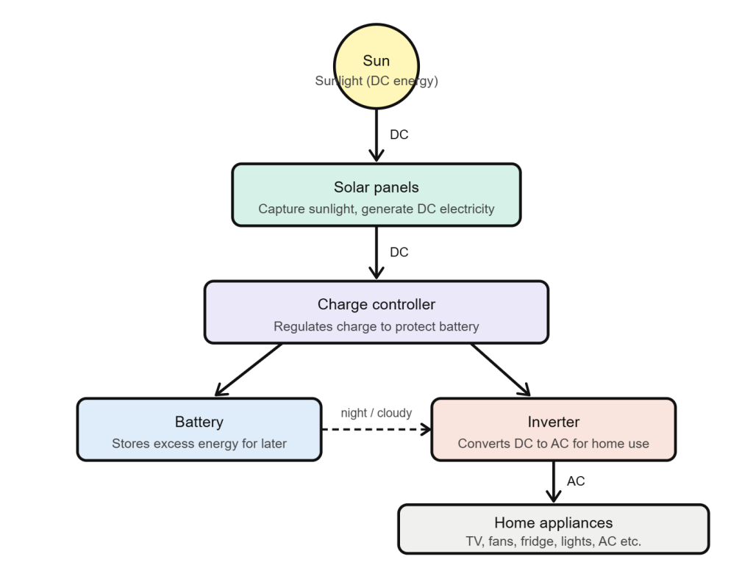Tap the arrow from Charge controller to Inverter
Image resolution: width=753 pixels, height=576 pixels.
pyautogui.click(x=503, y=370)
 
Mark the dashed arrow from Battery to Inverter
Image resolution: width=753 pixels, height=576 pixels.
pyautogui.click(x=375, y=430)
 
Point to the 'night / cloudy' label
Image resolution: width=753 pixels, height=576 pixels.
pyautogui.click(x=376, y=413)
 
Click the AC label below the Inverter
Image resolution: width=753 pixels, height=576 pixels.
pyautogui.click(x=576, y=481)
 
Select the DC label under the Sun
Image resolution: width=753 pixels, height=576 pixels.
pyautogui.click(x=399, y=135)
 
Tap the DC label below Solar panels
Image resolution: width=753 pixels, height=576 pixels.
pyautogui.click(x=399, y=253)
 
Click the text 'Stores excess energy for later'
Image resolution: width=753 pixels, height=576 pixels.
pyautogui.click(x=199, y=444)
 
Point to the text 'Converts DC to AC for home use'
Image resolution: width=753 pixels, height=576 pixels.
pyautogui.click(x=553, y=444)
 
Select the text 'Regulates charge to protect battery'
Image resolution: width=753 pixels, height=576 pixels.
pyautogui.click(x=376, y=326)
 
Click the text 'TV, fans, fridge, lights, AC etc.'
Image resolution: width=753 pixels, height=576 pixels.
pyautogui.click(x=553, y=541)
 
